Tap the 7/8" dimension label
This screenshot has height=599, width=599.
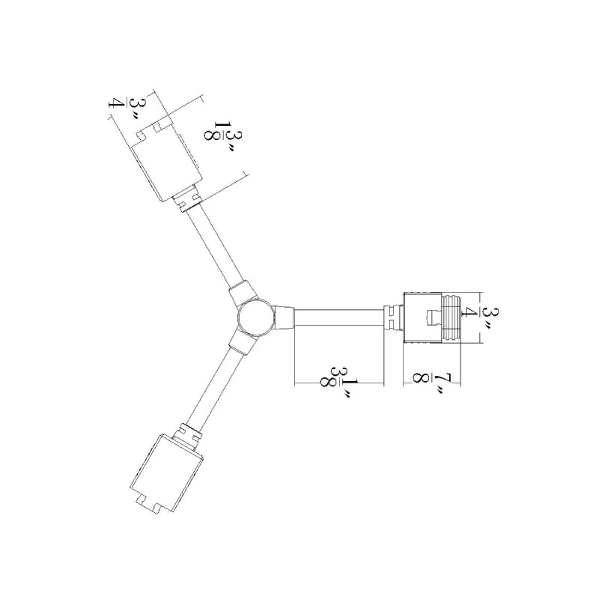[428, 383]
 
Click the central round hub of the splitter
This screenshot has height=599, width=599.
[255, 317]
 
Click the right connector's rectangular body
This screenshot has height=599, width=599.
[423, 317]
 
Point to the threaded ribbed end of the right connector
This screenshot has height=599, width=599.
[451, 317]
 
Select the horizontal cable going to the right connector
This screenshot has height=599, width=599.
[339, 317]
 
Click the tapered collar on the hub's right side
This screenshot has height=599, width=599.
[284, 317]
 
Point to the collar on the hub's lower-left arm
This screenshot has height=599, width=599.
[242, 341]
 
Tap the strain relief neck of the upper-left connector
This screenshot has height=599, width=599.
[187, 200]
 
